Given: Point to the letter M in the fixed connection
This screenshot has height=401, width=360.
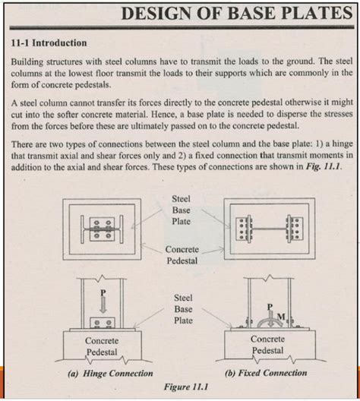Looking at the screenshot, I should (283, 314).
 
